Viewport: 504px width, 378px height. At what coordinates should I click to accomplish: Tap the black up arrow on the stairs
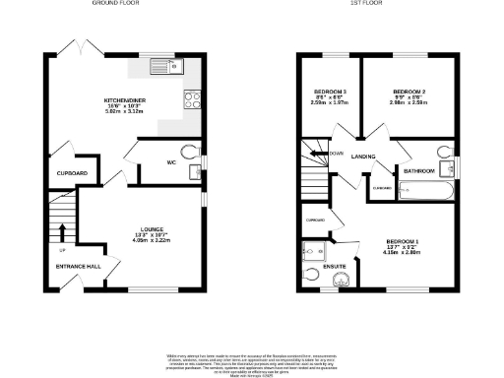click(62, 232)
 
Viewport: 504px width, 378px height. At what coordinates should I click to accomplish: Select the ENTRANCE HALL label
click(79, 266)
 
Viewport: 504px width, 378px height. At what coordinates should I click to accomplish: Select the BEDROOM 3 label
click(329, 92)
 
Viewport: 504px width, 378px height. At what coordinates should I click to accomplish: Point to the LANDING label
click(364, 157)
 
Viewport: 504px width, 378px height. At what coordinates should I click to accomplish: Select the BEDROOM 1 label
click(403, 241)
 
